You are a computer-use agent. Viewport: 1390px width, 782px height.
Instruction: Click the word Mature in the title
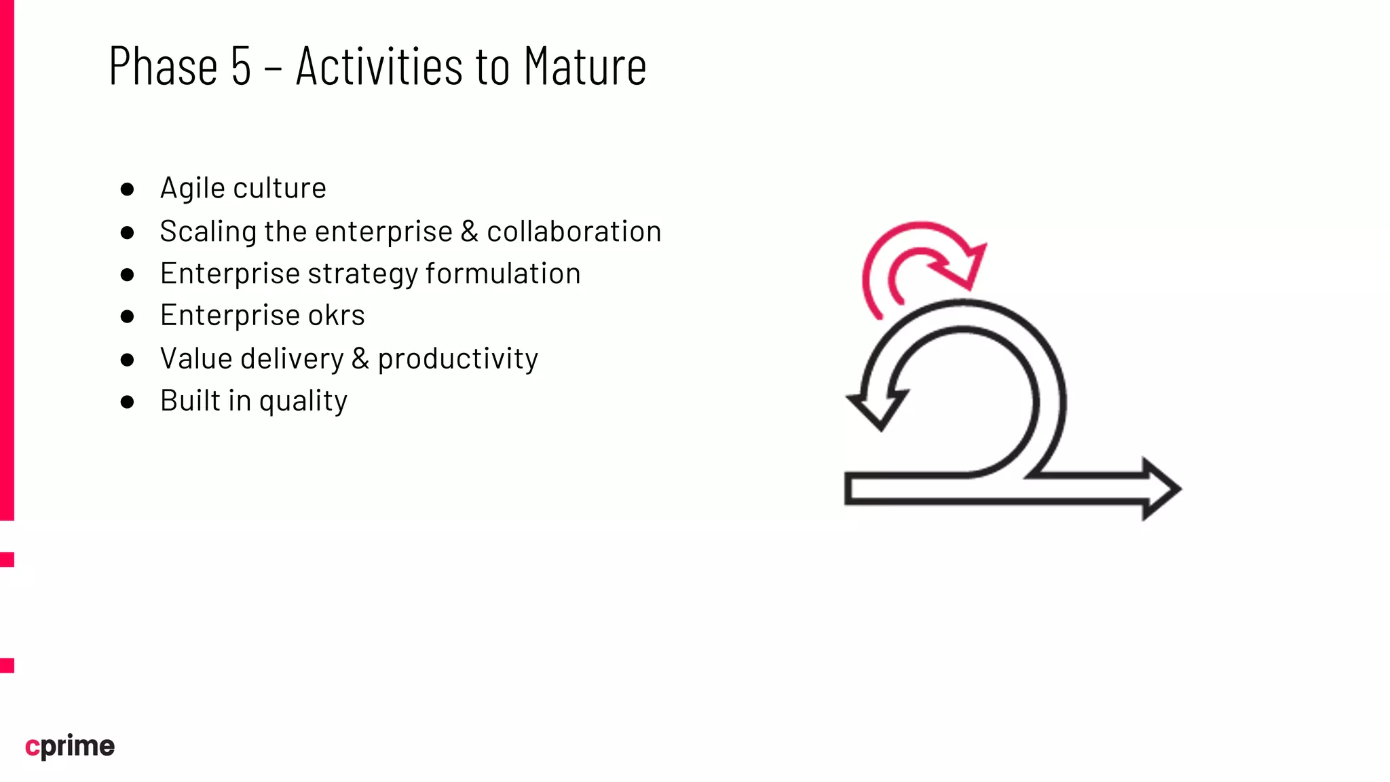click(585, 67)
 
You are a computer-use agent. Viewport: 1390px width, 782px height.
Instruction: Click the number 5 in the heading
click(241, 67)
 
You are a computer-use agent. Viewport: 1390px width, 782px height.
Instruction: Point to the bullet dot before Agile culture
click(127, 189)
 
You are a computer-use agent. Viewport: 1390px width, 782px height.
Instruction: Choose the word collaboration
click(574, 231)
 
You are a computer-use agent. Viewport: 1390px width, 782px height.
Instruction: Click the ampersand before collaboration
click(470, 231)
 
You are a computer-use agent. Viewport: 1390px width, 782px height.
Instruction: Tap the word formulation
click(503, 274)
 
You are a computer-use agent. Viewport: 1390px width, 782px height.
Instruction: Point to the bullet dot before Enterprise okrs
click(127, 316)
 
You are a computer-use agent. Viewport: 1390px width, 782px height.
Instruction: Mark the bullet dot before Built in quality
click(127, 402)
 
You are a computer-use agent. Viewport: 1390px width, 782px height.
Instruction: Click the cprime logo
click(70, 746)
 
